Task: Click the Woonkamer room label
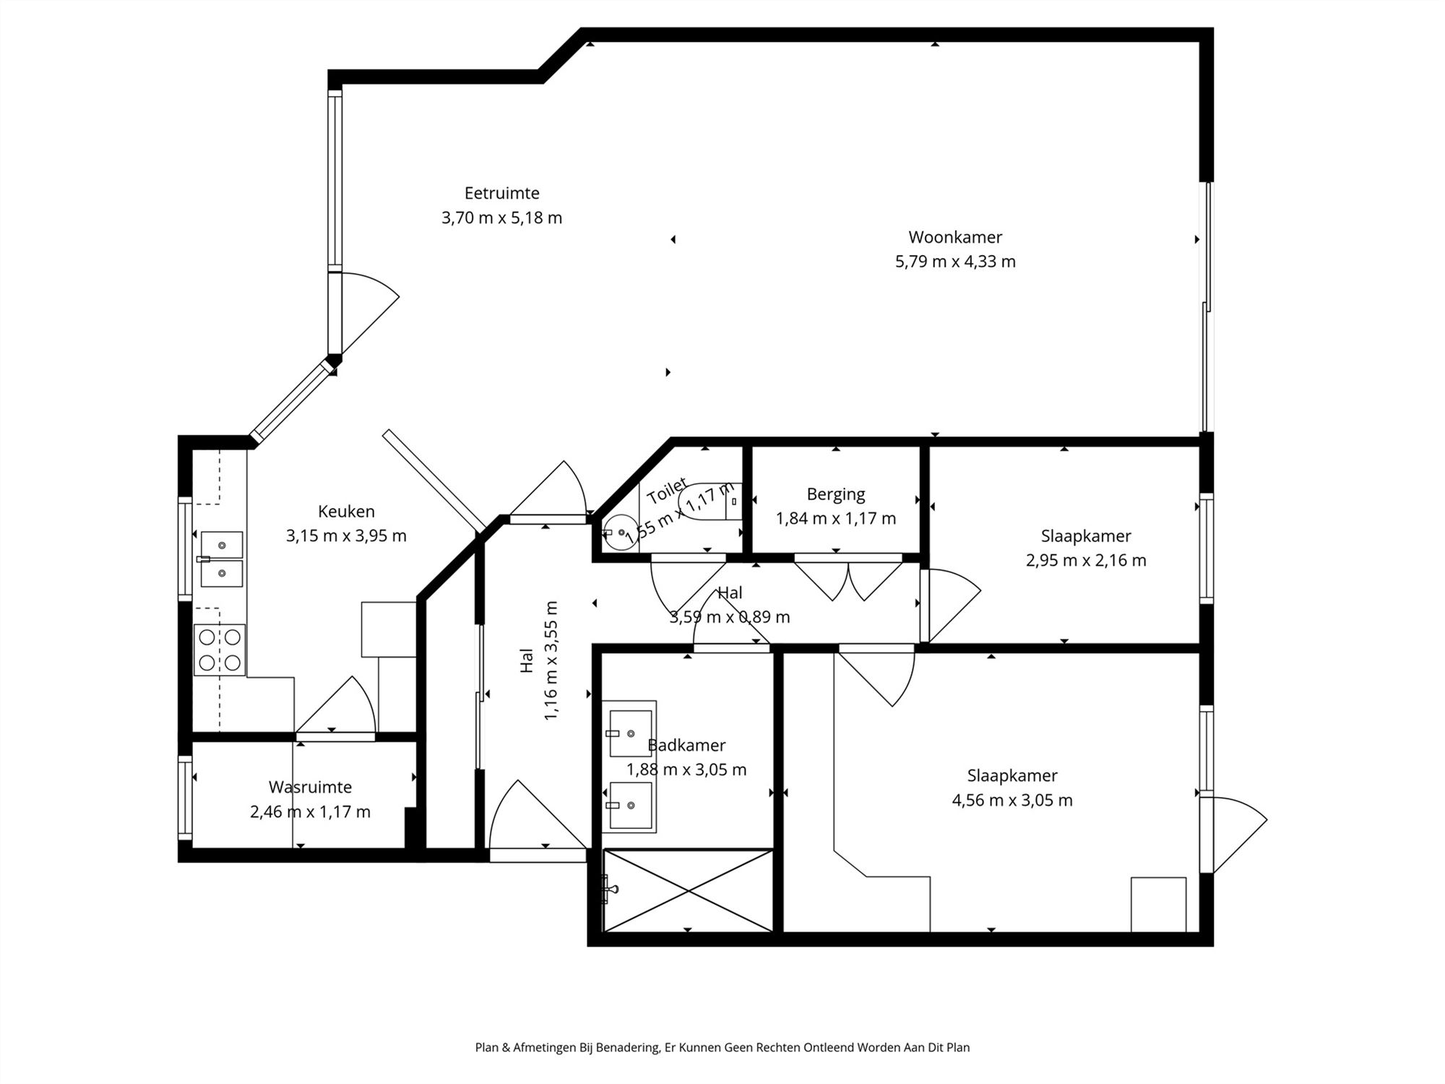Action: (x=954, y=237)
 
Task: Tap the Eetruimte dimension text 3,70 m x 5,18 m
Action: (x=501, y=218)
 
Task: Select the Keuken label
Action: (x=346, y=512)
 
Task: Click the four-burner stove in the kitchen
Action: (x=220, y=650)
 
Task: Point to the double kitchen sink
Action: (x=221, y=559)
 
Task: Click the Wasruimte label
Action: (x=310, y=787)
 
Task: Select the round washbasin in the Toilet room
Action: (x=620, y=533)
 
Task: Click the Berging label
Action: (x=835, y=494)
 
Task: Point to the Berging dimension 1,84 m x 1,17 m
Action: (x=835, y=518)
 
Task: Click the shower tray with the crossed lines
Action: (x=688, y=890)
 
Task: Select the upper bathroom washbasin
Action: (x=630, y=733)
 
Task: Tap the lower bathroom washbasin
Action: (x=630, y=805)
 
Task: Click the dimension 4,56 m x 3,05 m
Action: (x=1011, y=800)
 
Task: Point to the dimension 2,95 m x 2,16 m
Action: (x=1085, y=560)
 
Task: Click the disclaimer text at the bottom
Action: (x=722, y=1047)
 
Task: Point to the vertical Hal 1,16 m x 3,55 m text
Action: (x=539, y=660)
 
